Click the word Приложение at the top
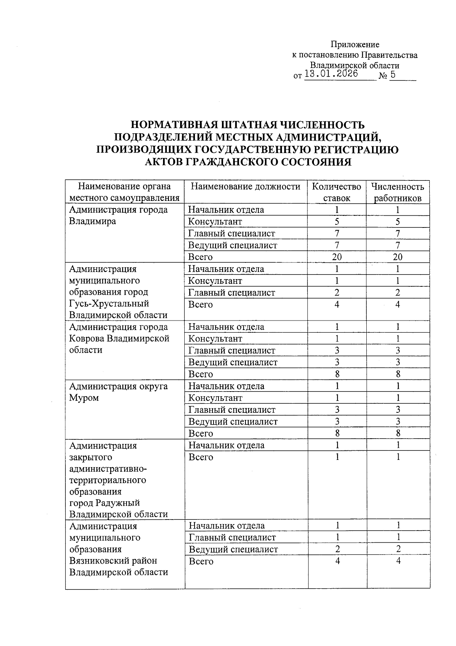tap(355, 45)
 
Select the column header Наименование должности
tap(245, 186)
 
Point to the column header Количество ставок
tap(336, 192)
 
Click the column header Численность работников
tap(397, 192)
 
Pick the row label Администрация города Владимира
tap(118, 215)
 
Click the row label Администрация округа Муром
tap(118, 392)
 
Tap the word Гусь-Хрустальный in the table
tap(109, 303)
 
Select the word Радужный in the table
tap(118, 503)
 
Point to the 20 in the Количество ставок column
tap(337, 257)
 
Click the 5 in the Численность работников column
tap(397, 222)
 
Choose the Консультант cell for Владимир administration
tap(215, 222)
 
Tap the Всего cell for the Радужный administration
tap(201, 457)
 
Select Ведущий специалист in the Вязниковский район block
tap(233, 549)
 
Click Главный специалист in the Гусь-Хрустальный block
tap(232, 292)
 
